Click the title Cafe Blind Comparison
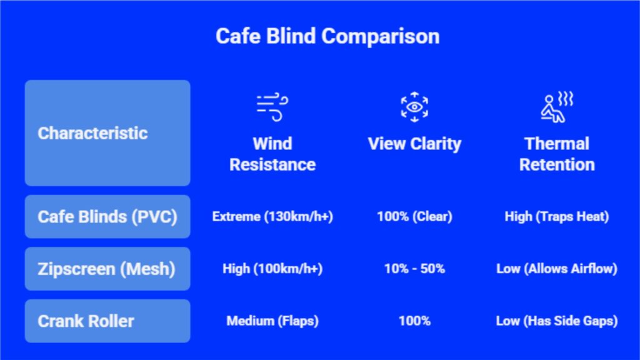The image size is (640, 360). (327, 36)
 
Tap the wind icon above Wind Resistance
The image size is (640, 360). (272, 107)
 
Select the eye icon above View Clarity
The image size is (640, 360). (414, 106)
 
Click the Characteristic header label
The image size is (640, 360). (92, 133)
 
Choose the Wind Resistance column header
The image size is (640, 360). (272, 154)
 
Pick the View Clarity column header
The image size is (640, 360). (414, 144)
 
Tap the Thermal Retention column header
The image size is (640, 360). (556, 154)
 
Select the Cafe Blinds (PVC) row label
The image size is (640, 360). (107, 217)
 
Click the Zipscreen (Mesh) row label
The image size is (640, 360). (106, 269)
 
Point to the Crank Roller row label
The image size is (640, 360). (86, 321)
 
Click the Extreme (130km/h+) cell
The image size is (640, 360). (272, 217)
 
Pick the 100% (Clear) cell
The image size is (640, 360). (414, 217)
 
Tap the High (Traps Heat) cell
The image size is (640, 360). (556, 217)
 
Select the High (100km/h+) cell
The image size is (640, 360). (272, 269)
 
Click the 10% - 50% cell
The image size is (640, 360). (414, 269)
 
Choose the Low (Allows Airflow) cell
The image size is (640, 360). (556, 269)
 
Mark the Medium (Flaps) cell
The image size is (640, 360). (272, 321)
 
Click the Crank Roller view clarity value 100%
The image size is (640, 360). (414, 321)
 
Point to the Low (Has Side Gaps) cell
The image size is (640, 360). (556, 321)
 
